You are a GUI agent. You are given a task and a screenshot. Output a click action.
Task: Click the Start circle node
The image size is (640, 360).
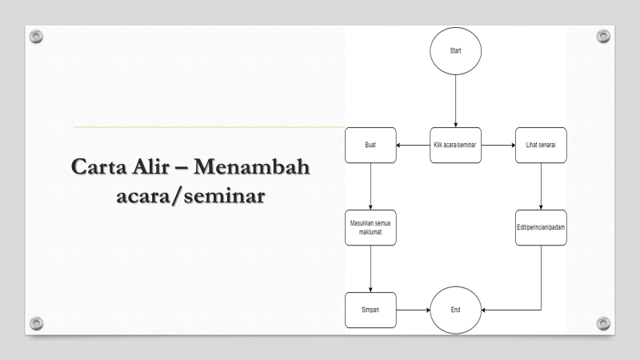click(456, 50)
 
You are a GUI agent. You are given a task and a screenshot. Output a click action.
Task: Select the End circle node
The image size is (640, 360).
click(456, 309)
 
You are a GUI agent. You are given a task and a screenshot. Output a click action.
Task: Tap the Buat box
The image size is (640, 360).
click(370, 146)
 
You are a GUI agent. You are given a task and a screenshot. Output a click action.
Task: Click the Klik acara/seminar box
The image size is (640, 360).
click(456, 146)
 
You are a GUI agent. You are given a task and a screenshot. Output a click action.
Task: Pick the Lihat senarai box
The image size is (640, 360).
click(542, 146)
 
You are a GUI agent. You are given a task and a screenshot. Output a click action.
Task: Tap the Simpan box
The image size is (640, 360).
click(370, 309)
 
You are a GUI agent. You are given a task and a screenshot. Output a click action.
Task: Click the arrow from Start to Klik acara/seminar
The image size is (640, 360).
click(456, 101)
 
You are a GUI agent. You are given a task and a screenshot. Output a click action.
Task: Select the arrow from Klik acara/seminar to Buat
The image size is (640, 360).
click(414, 146)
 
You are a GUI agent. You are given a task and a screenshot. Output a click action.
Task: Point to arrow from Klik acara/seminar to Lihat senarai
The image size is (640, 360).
click(498, 146)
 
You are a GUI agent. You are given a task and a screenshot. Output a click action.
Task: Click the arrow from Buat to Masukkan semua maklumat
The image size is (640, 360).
click(370, 189)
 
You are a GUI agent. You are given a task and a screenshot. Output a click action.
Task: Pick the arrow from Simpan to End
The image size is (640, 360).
click(414, 309)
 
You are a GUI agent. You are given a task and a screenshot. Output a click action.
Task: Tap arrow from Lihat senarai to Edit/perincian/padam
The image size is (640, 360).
click(542, 189)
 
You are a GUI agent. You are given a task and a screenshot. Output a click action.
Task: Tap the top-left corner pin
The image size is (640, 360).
click(35, 36)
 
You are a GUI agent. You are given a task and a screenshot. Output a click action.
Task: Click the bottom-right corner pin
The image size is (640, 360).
click(603, 322)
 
